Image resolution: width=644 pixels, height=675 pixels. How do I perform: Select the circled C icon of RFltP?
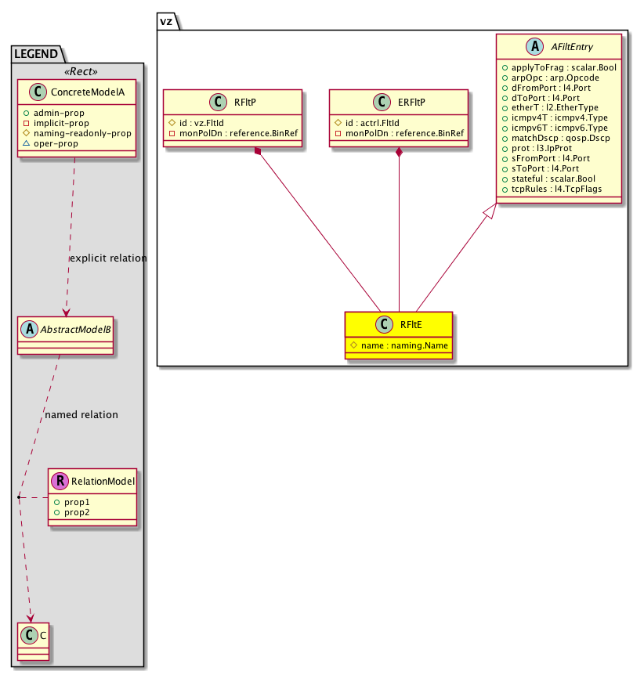[x=217, y=102]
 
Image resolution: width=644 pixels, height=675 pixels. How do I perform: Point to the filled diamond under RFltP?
[x=258, y=152]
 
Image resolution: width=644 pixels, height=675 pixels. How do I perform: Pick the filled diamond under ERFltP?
[x=400, y=152]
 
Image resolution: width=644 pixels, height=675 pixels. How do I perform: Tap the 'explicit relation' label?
[x=108, y=258]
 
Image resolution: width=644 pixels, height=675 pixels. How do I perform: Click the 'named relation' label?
[x=81, y=414]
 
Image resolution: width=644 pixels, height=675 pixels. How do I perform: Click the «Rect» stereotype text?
[x=82, y=71]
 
